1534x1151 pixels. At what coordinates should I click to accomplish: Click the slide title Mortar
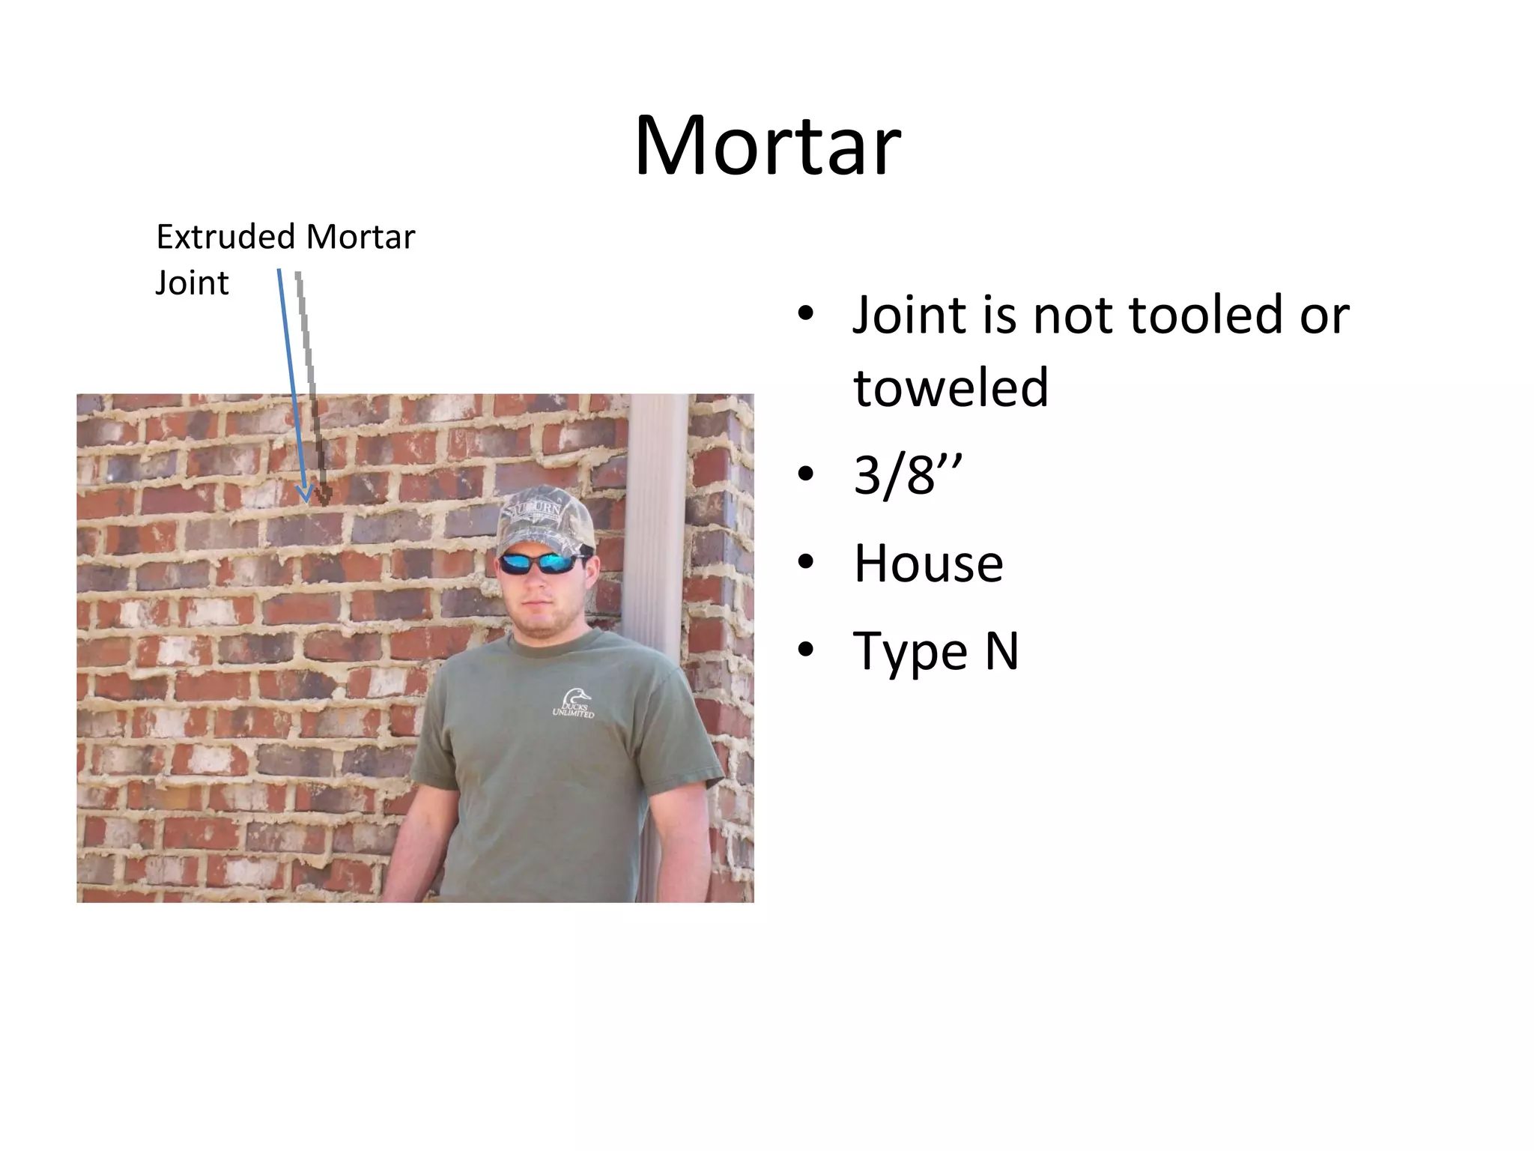[767, 145]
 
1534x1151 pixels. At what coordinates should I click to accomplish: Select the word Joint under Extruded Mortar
[192, 283]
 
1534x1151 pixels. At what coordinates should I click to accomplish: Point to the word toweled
[951, 387]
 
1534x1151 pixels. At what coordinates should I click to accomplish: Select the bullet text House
[928, 564]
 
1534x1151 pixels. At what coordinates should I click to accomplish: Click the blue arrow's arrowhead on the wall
[305, 495]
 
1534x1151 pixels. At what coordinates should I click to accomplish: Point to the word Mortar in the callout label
[360, 238]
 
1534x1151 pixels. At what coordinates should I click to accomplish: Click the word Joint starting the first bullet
[909, 315]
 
